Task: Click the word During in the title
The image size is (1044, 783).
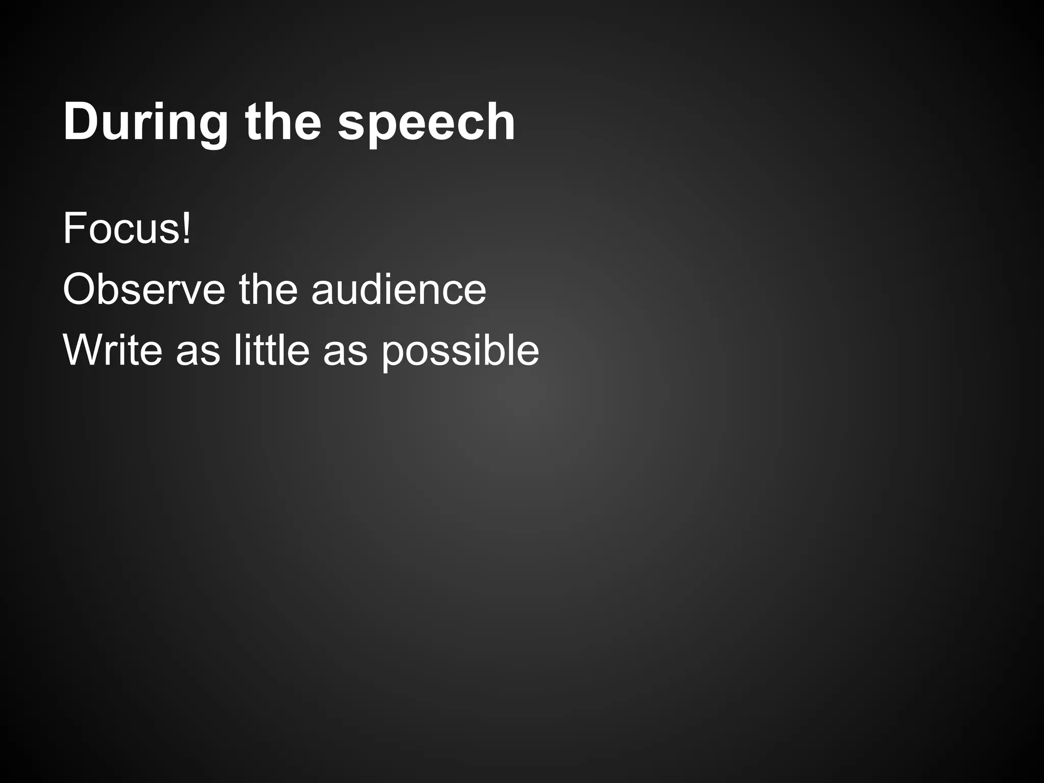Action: (145, 122)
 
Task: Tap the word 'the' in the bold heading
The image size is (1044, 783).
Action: (283, 122)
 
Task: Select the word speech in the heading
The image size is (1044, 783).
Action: (426, 122)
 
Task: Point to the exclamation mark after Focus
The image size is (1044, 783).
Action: (187, 229)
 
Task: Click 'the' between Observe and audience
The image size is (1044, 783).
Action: (268, 289)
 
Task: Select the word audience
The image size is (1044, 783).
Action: (399, 289)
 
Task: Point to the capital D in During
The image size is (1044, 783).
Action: (81, 122)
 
